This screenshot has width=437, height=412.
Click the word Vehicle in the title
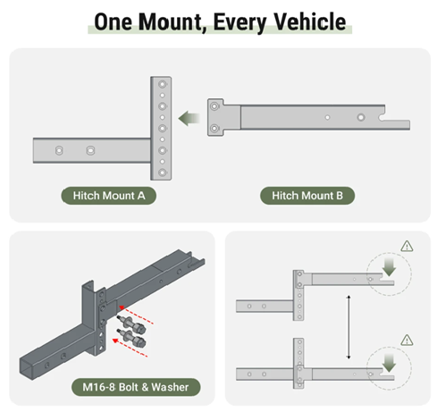tap(310, 21)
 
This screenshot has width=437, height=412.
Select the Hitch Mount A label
tap(109, 196)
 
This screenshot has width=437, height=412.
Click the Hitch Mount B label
tap(307, 196)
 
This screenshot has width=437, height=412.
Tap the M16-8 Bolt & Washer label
tap(136, 387)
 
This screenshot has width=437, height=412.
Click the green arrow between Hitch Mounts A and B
tap(189, 118)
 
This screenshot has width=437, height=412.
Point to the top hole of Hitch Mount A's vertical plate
tap(163, 84)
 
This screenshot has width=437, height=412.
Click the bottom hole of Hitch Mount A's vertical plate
tap(163, 172)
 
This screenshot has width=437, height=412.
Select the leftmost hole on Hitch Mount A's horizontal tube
tap(59, 150)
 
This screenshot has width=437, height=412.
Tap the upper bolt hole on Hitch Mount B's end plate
tap(214, 106)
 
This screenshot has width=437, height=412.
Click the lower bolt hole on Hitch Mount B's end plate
tap(214, 129)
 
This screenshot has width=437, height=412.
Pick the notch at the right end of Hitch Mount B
tap(382, 117)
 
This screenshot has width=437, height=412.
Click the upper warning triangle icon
tap(407, 247)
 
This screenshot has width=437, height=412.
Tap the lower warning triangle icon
tap(407, 341)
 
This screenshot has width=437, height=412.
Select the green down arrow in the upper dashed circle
tap(389, 267)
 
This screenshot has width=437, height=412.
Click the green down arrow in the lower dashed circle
tap(389, 363)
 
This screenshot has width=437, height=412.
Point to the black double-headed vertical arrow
tap(349, 327)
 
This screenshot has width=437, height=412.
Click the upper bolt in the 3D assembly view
tap(131, 324)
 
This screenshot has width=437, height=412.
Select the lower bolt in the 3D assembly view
tap(131, 338)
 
